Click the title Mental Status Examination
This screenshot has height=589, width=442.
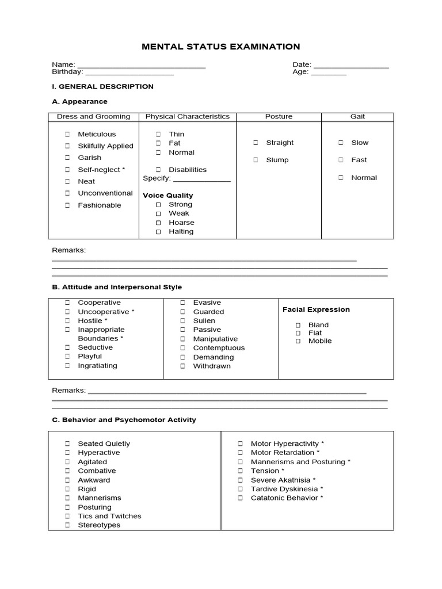[221, 47]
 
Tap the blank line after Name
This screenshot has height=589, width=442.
[141, 66]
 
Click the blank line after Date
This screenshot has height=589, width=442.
[351, 66]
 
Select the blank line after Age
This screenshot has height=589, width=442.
[329, 73]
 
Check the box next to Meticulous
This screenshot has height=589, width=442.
[67, 134]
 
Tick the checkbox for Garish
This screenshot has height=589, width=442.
[67, 158]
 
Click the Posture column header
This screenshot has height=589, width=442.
[279, 116]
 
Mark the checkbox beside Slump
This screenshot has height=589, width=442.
[256, 160]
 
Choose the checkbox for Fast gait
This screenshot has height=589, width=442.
[341, 160]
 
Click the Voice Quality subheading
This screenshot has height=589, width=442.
[168, 196]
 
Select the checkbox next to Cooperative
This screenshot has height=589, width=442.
[67, 303]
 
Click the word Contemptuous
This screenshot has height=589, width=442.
[219, 348]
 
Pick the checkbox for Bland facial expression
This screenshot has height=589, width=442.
[298, 325]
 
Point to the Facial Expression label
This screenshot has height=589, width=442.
[316, 309]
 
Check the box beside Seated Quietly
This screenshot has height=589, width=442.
[67, 443]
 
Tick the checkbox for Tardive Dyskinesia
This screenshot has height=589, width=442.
[240, 489]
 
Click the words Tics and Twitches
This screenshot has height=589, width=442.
[109, 516]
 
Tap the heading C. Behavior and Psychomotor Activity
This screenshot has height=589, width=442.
[124, 420]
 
